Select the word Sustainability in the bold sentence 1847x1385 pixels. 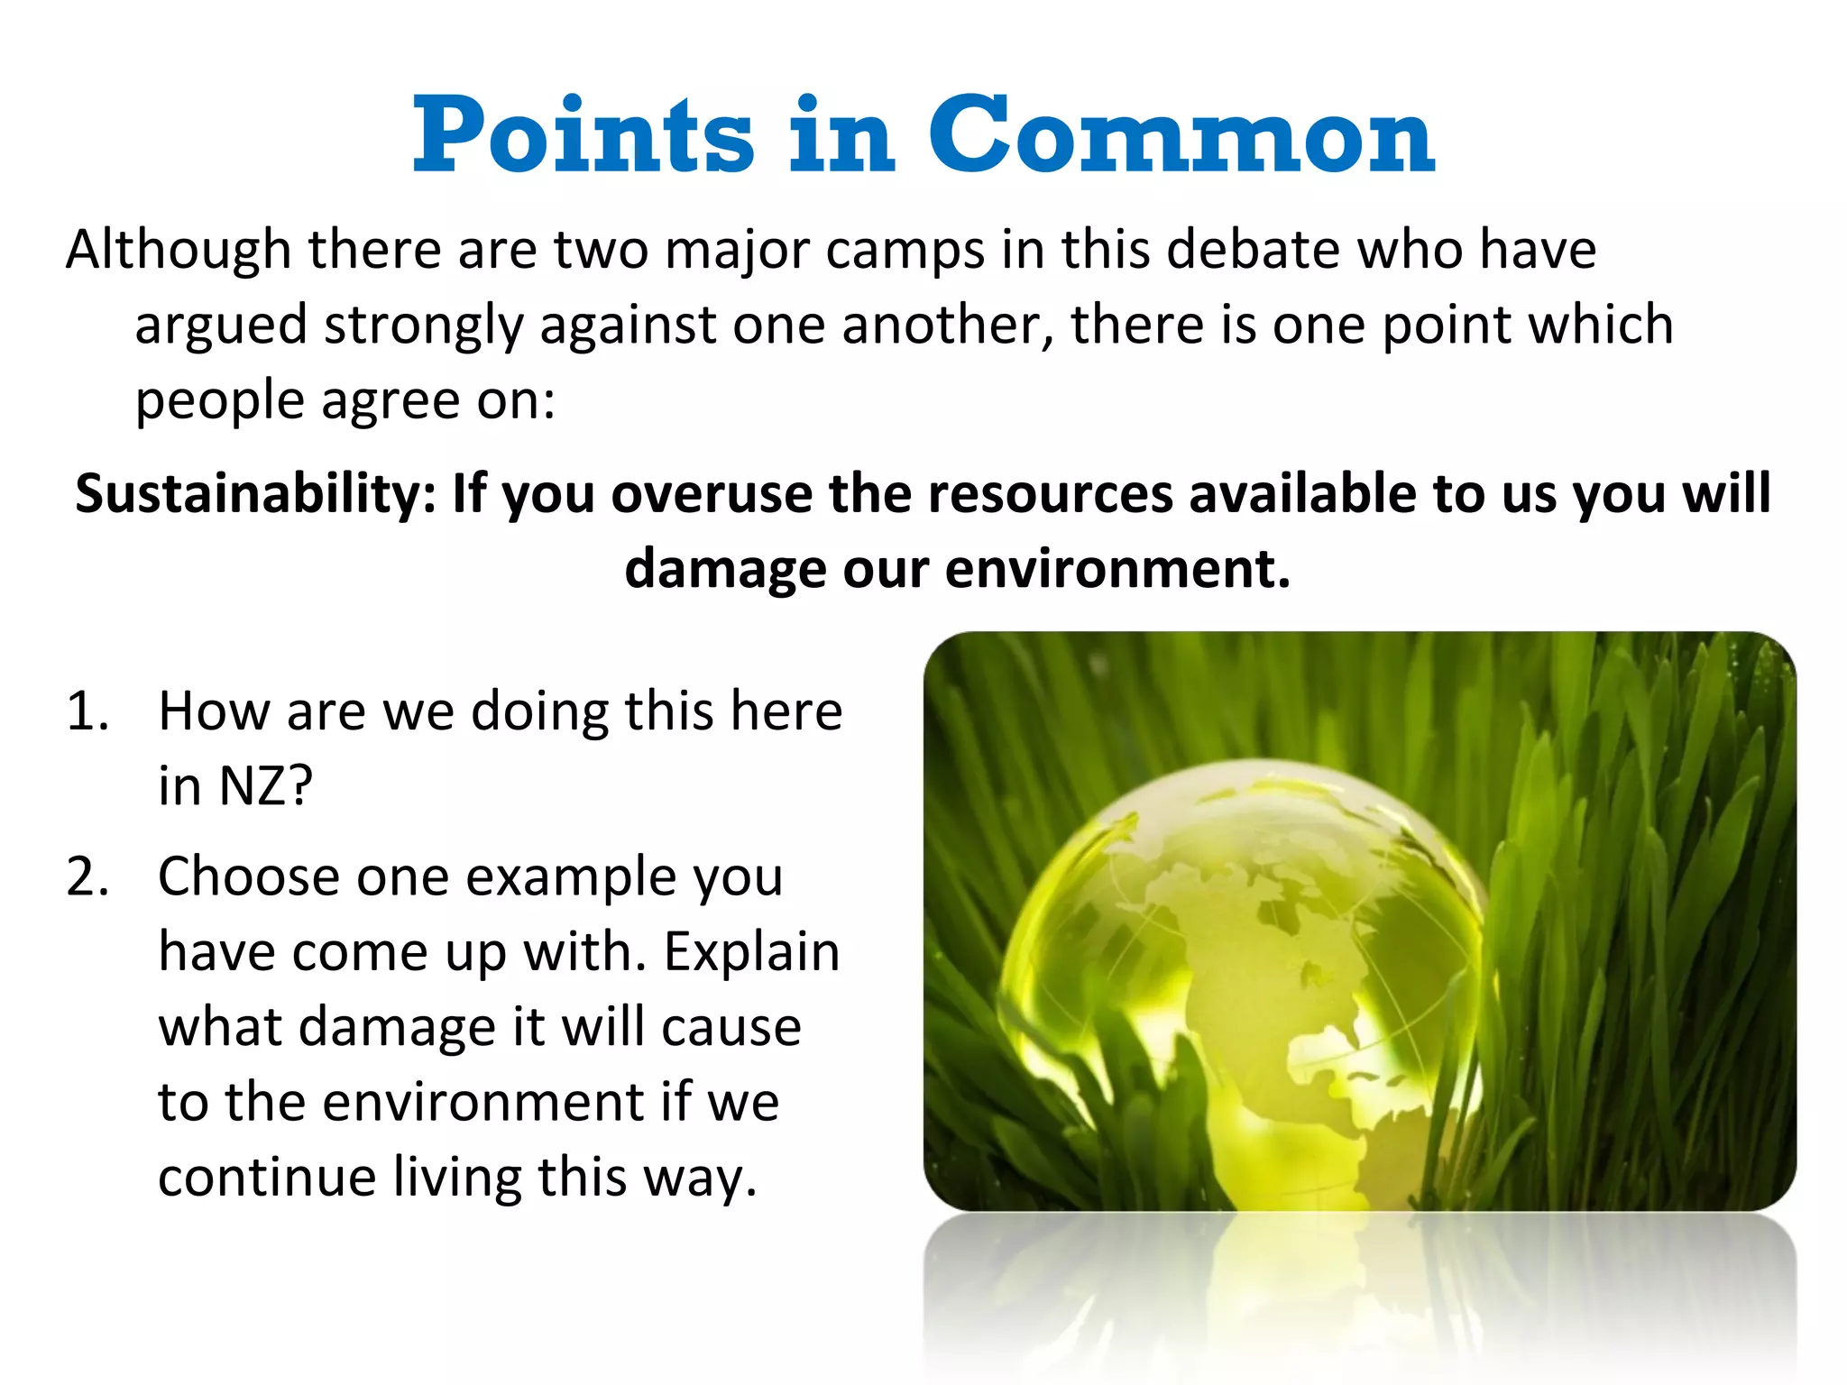(255, 494)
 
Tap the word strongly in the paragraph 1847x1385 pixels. (423, 326)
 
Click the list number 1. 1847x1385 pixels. (87, 711)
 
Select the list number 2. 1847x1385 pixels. (87, 876)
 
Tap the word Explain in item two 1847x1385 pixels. (751, 953)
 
